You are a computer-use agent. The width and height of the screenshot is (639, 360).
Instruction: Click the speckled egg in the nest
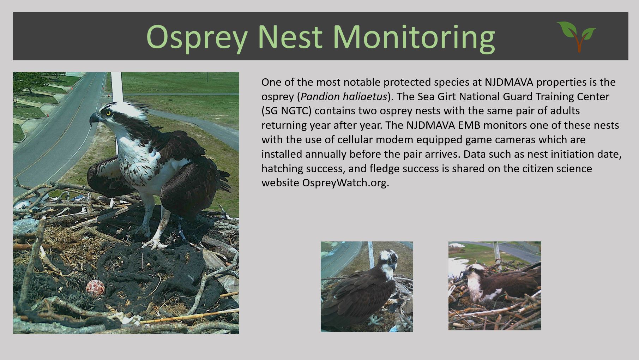coord(96,288)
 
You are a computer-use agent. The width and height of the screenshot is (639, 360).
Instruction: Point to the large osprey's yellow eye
coord(108,113)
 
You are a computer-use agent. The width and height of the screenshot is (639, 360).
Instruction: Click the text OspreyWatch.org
coord(345,183)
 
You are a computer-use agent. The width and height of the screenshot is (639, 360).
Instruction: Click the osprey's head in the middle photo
coord(388,260)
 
